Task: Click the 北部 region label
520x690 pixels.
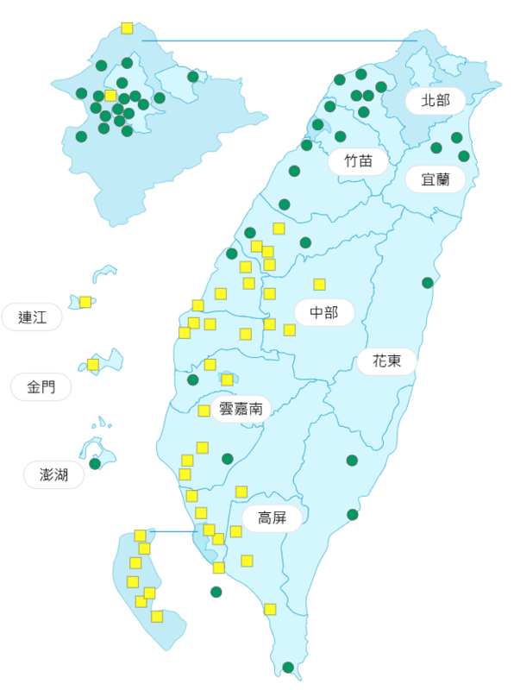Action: tap(435, 100)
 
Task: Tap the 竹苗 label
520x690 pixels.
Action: tap(358, 160)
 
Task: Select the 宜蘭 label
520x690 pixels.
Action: tap(435, 179)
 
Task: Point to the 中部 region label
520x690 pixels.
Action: tap(324, 312)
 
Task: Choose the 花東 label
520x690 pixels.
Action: tap(386, 361)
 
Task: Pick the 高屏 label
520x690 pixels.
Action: tap(272, 518)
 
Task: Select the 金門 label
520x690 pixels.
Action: tap(41, 387)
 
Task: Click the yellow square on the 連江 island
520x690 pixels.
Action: tap(85, 302)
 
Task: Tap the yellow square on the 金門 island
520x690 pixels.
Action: tap(93, 365)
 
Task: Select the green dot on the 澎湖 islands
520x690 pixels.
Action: tap(95, 463)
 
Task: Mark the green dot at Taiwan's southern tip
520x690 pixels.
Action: tap(288, 667)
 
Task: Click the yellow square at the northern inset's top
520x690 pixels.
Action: tap(128, 28)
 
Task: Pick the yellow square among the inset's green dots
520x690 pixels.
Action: tap(110, 96)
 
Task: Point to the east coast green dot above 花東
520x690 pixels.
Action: tap(428, 283)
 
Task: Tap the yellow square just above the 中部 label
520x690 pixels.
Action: tap(320, 285)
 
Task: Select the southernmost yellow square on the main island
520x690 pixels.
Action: tap(270, 609)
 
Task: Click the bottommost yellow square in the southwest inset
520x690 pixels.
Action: tap(157, 616)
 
